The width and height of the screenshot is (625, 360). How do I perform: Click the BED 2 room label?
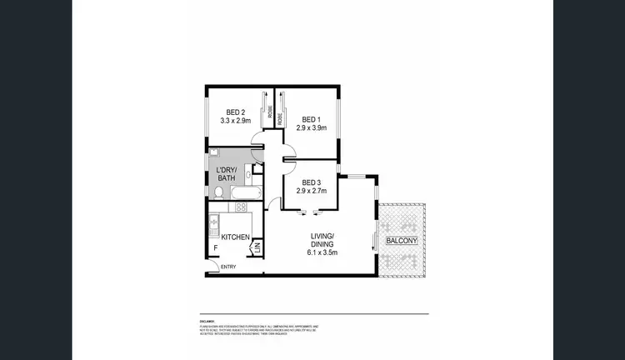pyautogui.click(x=236, y=112)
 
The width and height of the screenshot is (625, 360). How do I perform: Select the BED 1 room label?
pyautogui.click(x=312, y=118)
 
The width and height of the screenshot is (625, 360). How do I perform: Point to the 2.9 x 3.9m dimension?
pyautogui.click(x=312, y=127)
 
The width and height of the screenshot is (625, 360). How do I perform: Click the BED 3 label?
pyautogui.click(x=312, y=182)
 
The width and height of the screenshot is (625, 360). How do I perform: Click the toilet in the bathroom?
pyautogui.click(x=217, y=192)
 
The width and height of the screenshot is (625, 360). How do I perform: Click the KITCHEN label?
pyautogui.click(x=236, y=238)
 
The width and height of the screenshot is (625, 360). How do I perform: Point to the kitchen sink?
pyautogui.click(x=212, y=223)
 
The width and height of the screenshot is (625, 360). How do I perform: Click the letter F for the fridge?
pyautogui.click(x=214, y=247)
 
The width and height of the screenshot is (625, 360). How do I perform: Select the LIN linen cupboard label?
pyautogui.click(x=257, y=247)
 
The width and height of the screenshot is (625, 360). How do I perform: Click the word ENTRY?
pyautogui.click(x=228, y=267)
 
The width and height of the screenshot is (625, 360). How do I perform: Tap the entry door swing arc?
pyautogui.click(x=213, y=266)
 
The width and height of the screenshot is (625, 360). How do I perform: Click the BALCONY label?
pyautogui.click(x=402, y=242)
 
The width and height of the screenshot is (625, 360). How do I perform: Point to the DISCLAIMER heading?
pyautogui.click(x=207, y=320)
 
